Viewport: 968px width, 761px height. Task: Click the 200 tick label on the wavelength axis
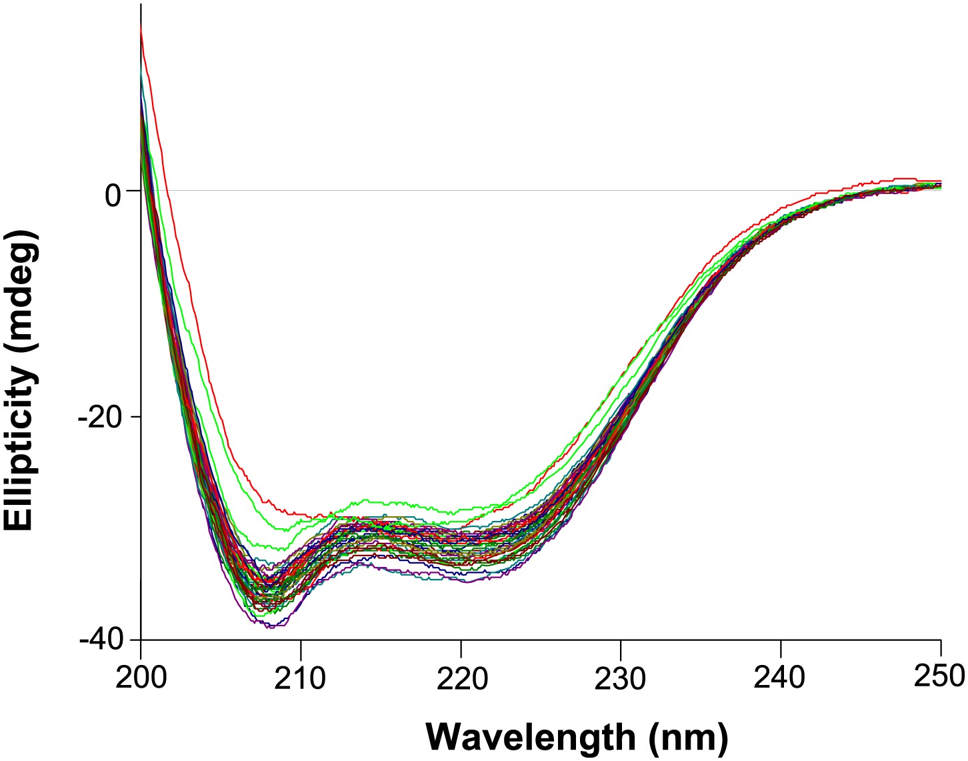tap(140, 678)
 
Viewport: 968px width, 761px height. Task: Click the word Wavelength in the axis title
tap(531, 737)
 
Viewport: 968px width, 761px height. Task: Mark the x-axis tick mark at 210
tap(301, 645)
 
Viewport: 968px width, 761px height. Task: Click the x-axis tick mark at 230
tap(621, 645)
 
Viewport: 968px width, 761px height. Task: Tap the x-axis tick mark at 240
tap(781, 645)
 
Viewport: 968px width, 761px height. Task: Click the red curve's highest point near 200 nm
tap(141, 25)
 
